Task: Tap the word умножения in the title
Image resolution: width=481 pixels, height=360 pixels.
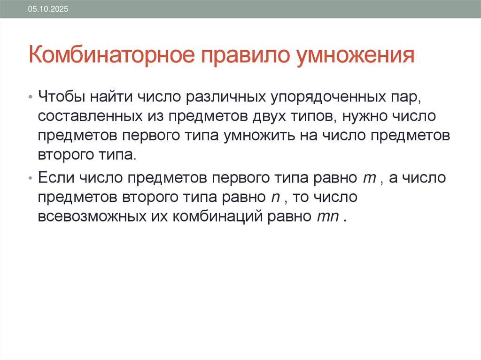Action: pyautogui.click(x=355, y=55)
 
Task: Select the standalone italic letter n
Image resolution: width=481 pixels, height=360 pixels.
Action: pyautogui.click(x=276, y=198)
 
